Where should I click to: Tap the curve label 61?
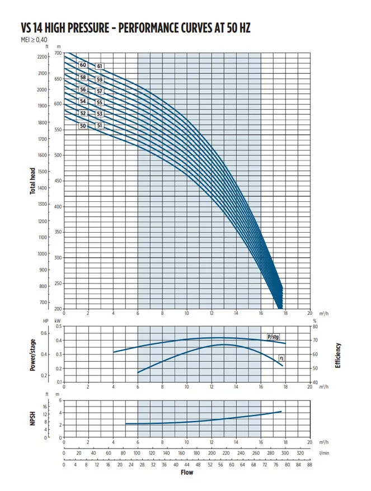point(100,66)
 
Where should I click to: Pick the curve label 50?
point(83,126)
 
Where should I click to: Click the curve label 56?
point(83,89)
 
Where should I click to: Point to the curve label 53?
point(99,114)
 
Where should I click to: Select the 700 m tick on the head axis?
point(58,53)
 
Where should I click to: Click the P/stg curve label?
point(273,337)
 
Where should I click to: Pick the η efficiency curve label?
point(281,358)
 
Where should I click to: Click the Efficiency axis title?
point(337,355)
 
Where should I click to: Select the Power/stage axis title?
point(33,355)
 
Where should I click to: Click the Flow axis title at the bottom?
point(187,473)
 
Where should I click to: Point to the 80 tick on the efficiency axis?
point(316,327)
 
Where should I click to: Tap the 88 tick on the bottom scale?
point(309,464)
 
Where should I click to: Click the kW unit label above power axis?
point(58,320)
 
